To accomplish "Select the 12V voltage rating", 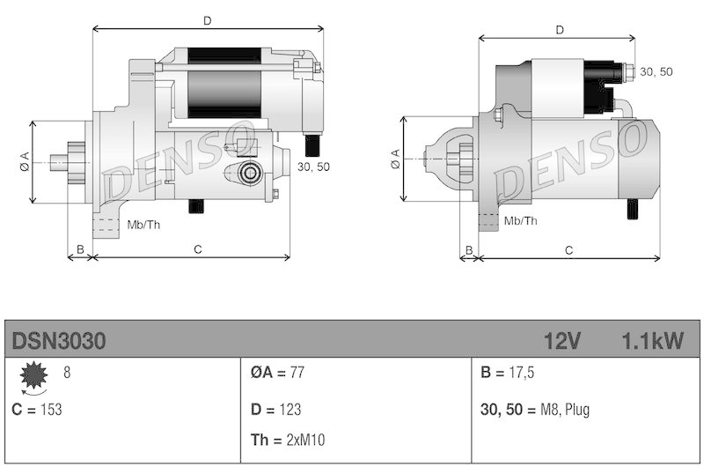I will [x=561, y=341].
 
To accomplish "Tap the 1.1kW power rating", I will [x=652, y=341].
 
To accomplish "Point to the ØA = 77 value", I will [x=276, y=373].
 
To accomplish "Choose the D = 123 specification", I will [x=275, y=410].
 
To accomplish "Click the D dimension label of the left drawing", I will [x=207, y=19].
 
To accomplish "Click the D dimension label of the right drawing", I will [x=560, y=30].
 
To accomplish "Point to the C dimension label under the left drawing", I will [x=198, y=250].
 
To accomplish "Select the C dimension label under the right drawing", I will [x=568, y=250].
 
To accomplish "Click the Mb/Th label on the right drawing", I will [x=521, y=220].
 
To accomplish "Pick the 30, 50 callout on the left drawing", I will [x=313, y=167].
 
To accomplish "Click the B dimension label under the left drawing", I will [x=80, y=250].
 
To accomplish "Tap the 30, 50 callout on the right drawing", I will [x=656, y=71].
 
